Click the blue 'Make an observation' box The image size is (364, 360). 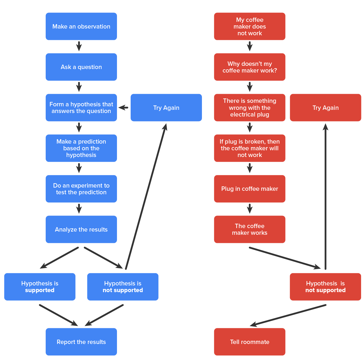[81, 27]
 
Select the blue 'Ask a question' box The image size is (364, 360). [81, 67]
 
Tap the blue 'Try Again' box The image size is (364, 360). [166, 108]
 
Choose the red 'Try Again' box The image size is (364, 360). [325, 108]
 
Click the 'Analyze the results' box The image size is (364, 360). [81, 230]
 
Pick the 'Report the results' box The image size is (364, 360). [81, 342]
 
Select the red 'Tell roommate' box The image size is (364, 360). [249, 342]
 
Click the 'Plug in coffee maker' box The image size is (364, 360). [249, 189]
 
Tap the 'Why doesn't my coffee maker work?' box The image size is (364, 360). [249, 67]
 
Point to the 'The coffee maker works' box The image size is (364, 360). [249, 230]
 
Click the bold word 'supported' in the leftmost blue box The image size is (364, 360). [40, 290]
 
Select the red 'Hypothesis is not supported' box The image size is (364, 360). [325, 287]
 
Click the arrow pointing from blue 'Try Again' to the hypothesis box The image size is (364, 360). [124, 108]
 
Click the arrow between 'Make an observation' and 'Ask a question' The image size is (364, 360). [79, 46]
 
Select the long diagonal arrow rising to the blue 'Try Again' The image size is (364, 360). [145, 197]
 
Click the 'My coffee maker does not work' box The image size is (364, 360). [249, 27]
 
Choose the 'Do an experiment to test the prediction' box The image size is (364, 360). [81, 189]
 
